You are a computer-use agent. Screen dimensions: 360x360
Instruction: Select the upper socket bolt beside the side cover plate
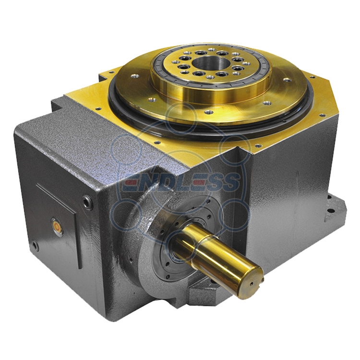[x=88, y=202]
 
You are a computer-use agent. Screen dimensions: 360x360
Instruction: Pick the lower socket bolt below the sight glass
[x=35, y=246]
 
